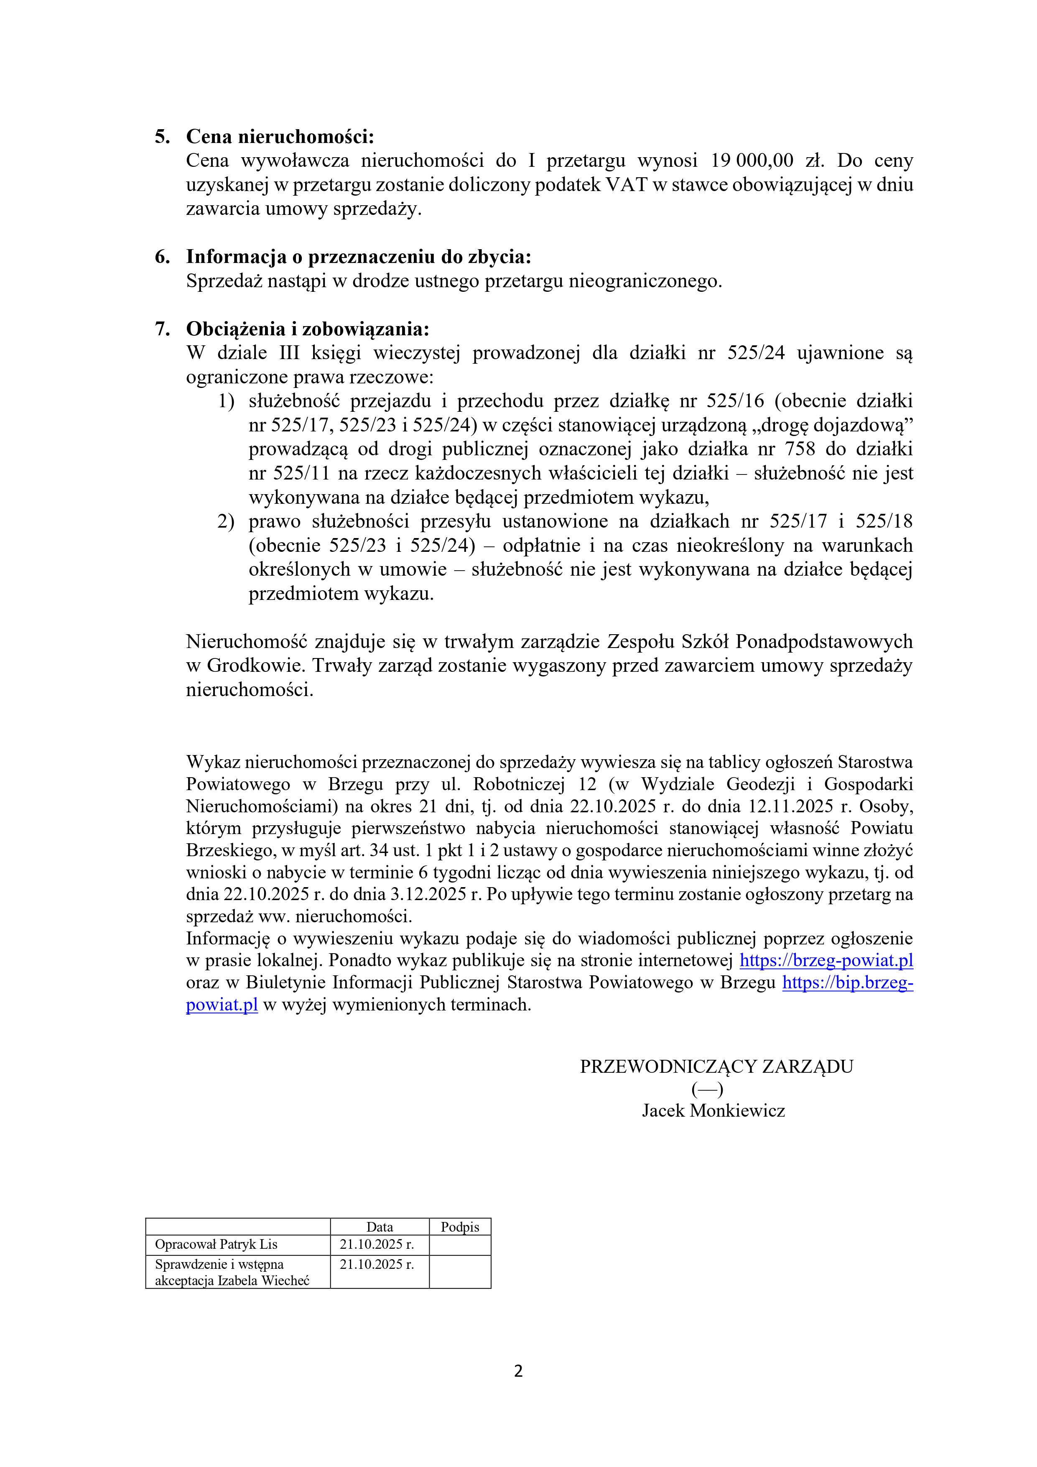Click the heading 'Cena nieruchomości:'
280,137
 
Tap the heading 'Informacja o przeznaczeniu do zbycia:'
359,257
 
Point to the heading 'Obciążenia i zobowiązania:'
307,329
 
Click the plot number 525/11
300,473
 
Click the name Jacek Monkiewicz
713,1110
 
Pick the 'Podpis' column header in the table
459,1227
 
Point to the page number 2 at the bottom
518,1370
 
